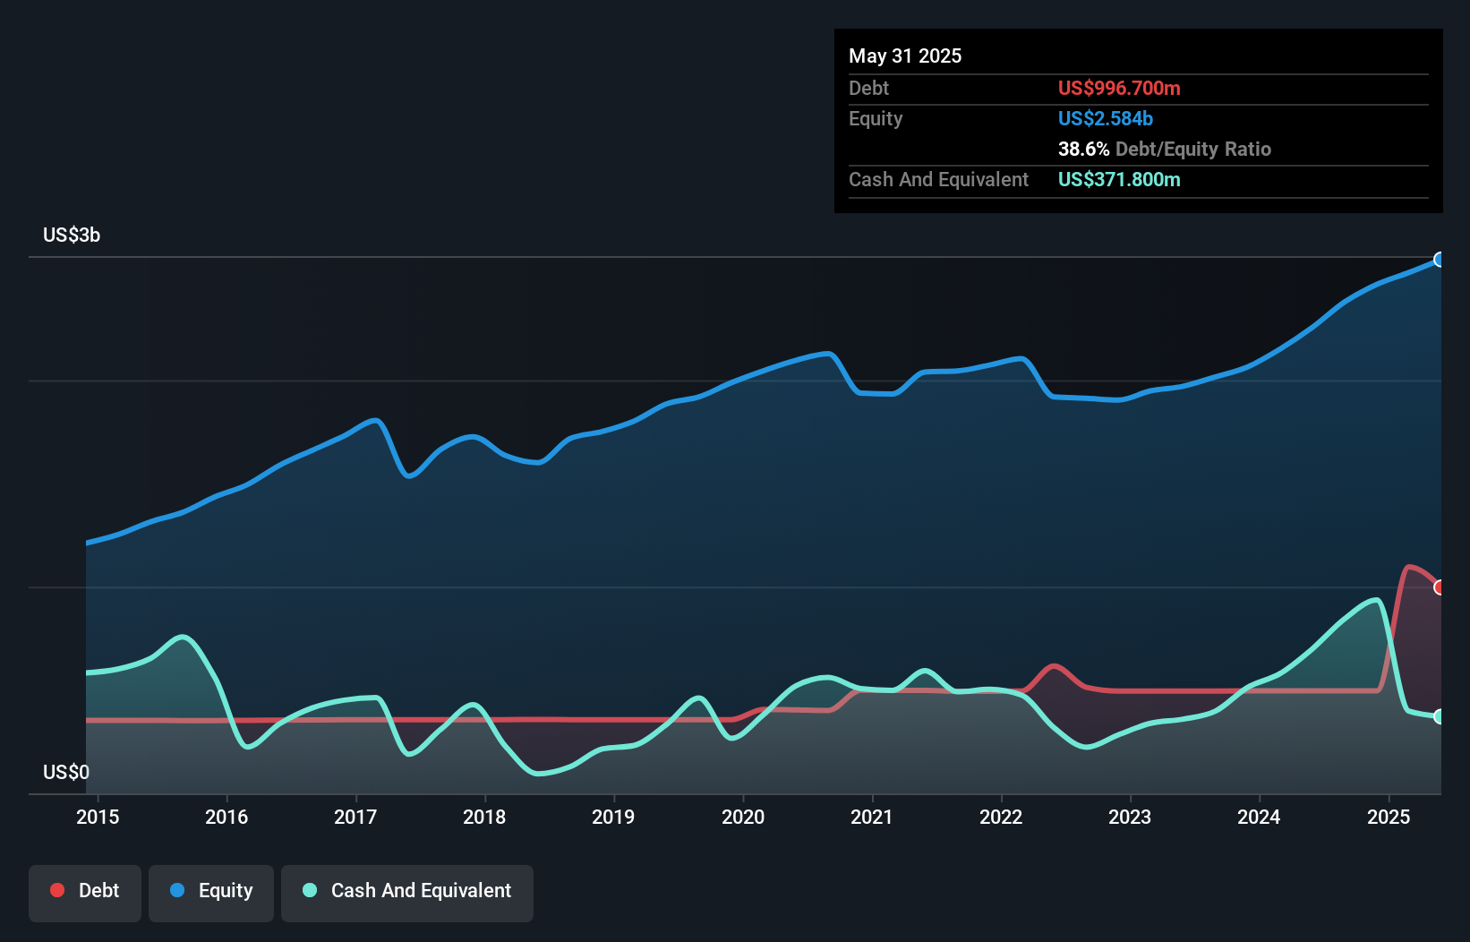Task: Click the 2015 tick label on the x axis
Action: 98,817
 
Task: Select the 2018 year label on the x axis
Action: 484,817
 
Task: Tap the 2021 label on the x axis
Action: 871,817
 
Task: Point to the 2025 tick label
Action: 1388,817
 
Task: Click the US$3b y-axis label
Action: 72,235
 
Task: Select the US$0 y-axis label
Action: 66,772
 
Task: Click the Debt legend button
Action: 85,891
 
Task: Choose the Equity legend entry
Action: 211,891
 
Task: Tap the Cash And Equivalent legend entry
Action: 407,891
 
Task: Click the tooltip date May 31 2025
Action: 905,56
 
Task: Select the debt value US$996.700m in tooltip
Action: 1119,89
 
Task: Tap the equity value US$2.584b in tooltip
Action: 1105,119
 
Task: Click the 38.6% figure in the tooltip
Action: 1083,150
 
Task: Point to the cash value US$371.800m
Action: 1119,180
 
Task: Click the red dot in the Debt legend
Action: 57,890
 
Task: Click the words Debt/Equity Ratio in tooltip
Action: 1192,150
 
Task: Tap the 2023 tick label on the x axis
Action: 1130,817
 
